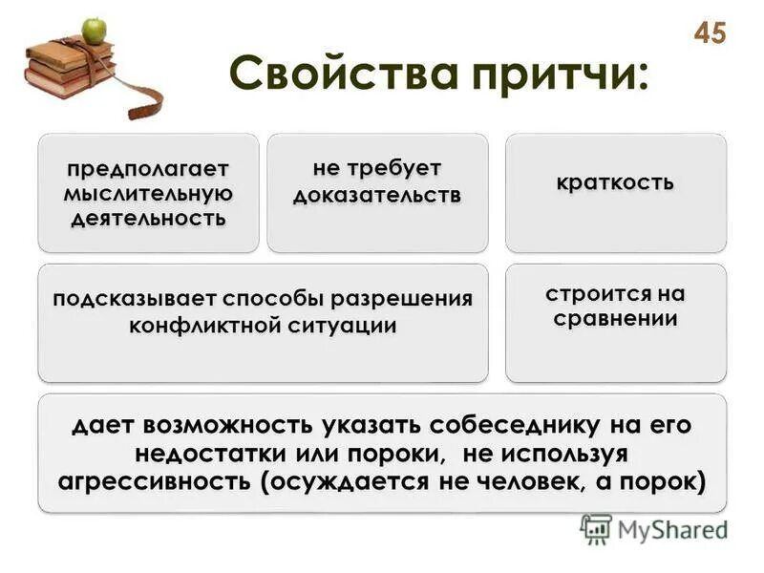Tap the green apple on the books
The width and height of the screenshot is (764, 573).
tap(94, 31)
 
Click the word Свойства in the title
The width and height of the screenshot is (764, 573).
tap(326, 73)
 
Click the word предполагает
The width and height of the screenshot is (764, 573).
tap(148, 169)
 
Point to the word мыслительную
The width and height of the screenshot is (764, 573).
tap(148, 193)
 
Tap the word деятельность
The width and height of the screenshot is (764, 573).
tap(148, 217)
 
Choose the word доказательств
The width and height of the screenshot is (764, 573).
tap(376, 195)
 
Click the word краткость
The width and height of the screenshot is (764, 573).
tap(615, 181)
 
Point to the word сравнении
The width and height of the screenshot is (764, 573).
tap(615, 319)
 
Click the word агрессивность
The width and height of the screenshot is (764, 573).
tap(158, 480)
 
